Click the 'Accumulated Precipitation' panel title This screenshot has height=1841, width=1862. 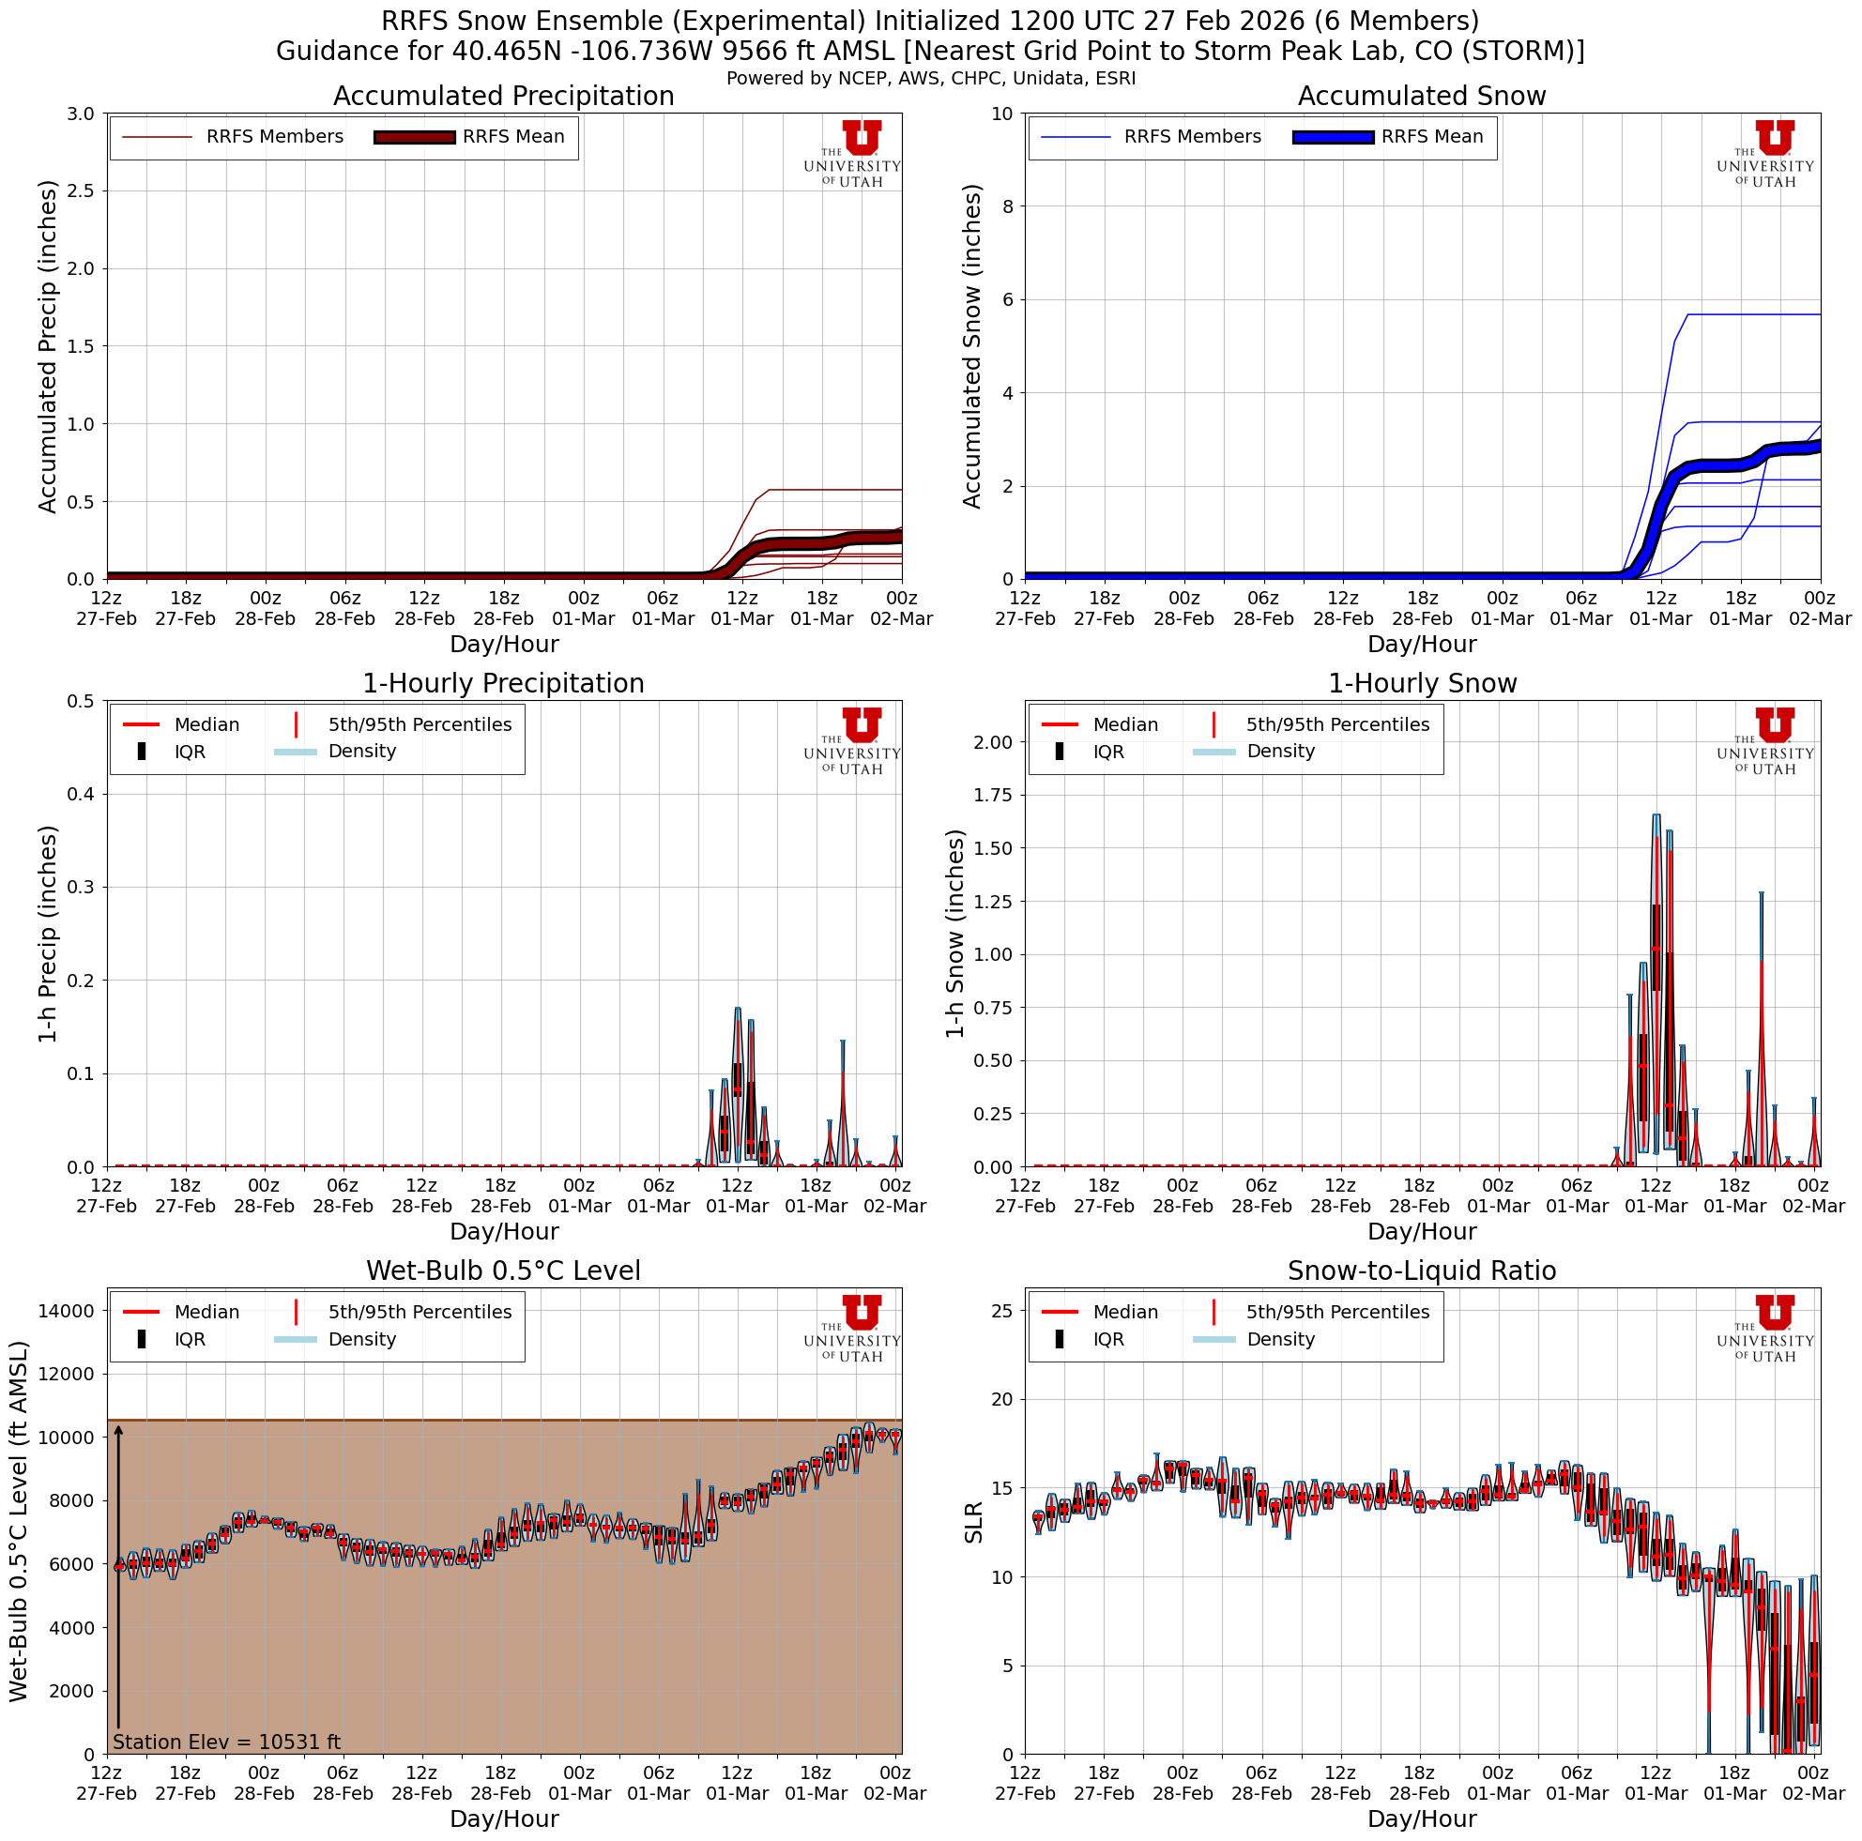point(503,97)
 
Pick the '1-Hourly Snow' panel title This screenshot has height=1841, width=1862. point(1422,683)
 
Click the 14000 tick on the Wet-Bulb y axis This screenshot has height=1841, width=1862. point(67,1310)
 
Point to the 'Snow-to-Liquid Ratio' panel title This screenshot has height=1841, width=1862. point(1422,1270)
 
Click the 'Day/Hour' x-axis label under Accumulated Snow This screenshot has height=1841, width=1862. point(1422,644)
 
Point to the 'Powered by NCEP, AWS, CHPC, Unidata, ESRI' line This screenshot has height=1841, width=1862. point(931,79)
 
